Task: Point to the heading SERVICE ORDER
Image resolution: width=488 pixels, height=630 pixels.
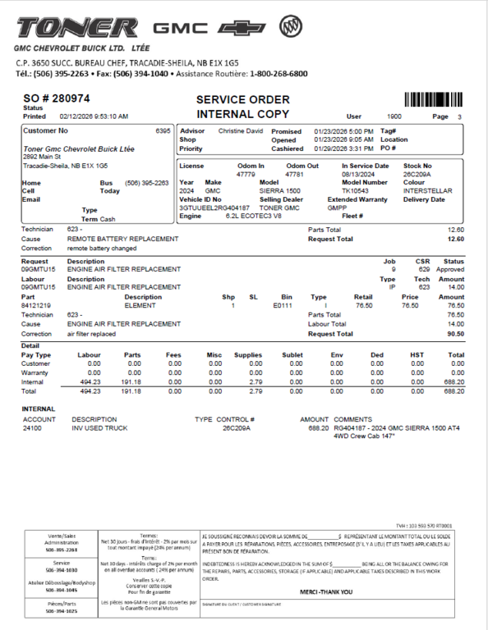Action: point(242,99)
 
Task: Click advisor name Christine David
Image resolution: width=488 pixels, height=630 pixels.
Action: point(240,131)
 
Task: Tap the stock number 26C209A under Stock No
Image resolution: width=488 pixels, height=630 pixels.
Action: point(418,174)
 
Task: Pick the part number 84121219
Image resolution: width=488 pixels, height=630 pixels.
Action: point(36,305)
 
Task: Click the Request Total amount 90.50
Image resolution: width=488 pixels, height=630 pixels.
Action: point(455,334)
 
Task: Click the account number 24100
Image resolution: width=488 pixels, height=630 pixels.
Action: point(32,428)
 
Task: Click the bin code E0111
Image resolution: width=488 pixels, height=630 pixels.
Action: point(283,305)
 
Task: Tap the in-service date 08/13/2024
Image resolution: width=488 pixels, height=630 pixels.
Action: point(358,174)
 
